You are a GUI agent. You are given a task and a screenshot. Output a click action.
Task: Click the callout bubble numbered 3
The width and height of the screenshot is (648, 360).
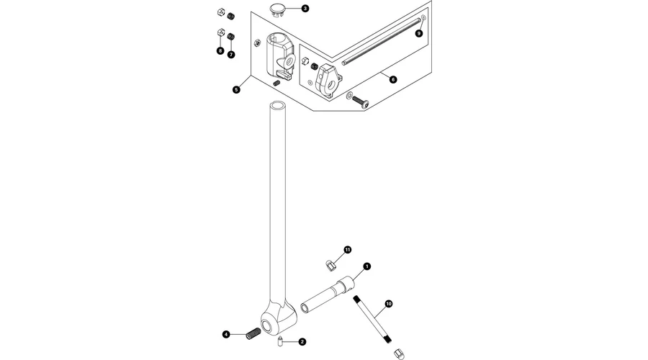tap(305, 9)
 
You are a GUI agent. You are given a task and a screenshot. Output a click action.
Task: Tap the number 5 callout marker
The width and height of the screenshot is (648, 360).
tap(236, 90)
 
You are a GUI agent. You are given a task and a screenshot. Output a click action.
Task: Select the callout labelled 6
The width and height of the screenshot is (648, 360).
tap(393, 79)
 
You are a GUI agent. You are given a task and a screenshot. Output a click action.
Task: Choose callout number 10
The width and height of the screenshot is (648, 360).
tap(389, 304)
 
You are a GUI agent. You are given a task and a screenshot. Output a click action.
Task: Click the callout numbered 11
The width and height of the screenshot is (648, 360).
tap(347, 250)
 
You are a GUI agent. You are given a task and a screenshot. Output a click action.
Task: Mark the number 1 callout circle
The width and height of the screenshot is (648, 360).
tap(366, 266)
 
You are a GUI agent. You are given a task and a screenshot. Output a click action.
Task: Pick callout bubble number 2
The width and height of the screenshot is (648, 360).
tap(302, 341)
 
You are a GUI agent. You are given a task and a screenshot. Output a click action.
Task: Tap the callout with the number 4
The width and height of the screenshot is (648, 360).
tap(226, 334)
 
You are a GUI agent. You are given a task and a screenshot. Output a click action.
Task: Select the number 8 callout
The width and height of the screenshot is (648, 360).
tap(220, 51)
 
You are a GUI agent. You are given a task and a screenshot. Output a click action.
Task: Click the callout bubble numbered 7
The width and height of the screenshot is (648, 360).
tap(231, 54)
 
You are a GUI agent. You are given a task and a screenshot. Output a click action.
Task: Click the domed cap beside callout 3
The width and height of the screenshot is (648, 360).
tap(278, 9)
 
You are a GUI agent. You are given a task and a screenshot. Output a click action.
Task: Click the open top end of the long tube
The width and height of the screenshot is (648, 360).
tap(279, 106)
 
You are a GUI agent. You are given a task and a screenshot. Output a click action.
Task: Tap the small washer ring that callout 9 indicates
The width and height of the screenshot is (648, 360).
tap(423, 17)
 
